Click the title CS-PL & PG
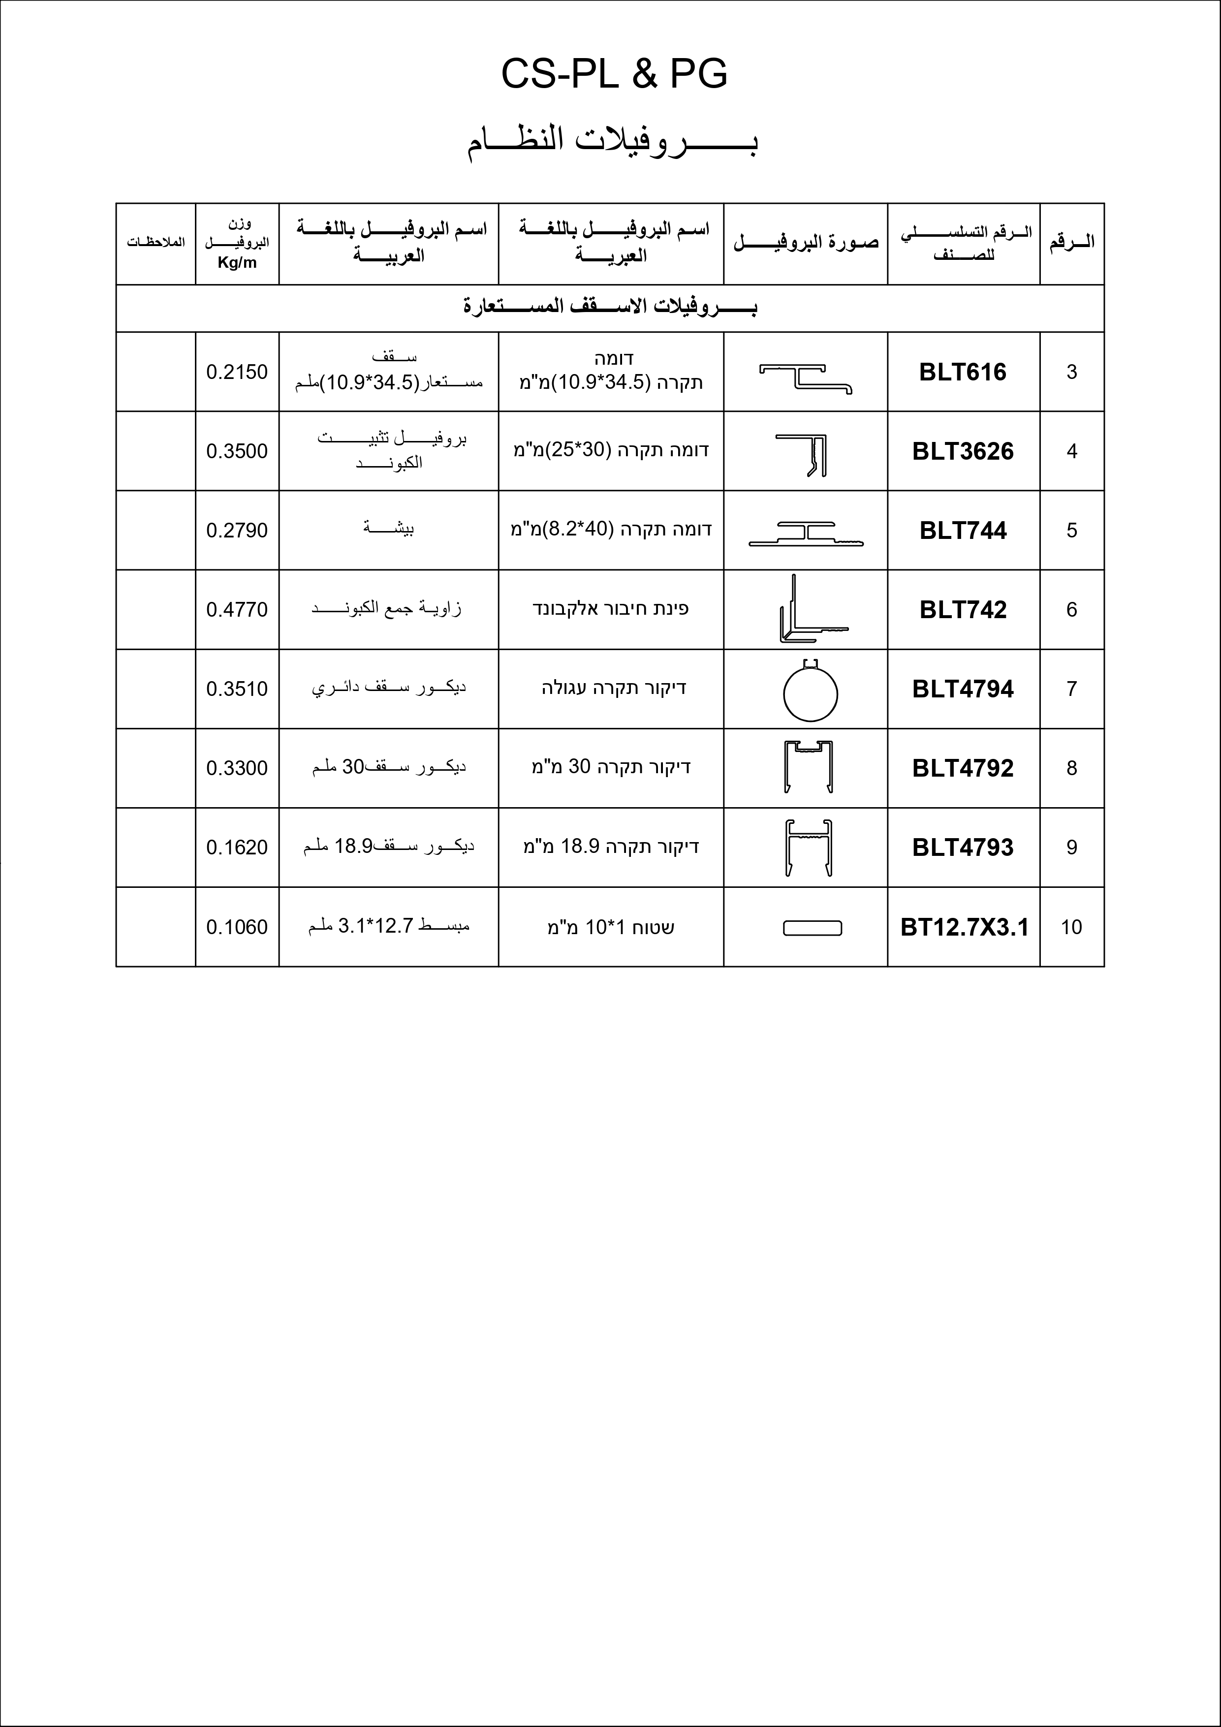coord(614,74)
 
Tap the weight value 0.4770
coord(237,610)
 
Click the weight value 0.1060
coord(237,927)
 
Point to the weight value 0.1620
coord(237,848)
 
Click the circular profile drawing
coord(810,693)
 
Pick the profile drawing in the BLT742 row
coord(809,611)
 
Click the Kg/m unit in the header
coord(237,262)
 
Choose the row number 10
coord(1071,927)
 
